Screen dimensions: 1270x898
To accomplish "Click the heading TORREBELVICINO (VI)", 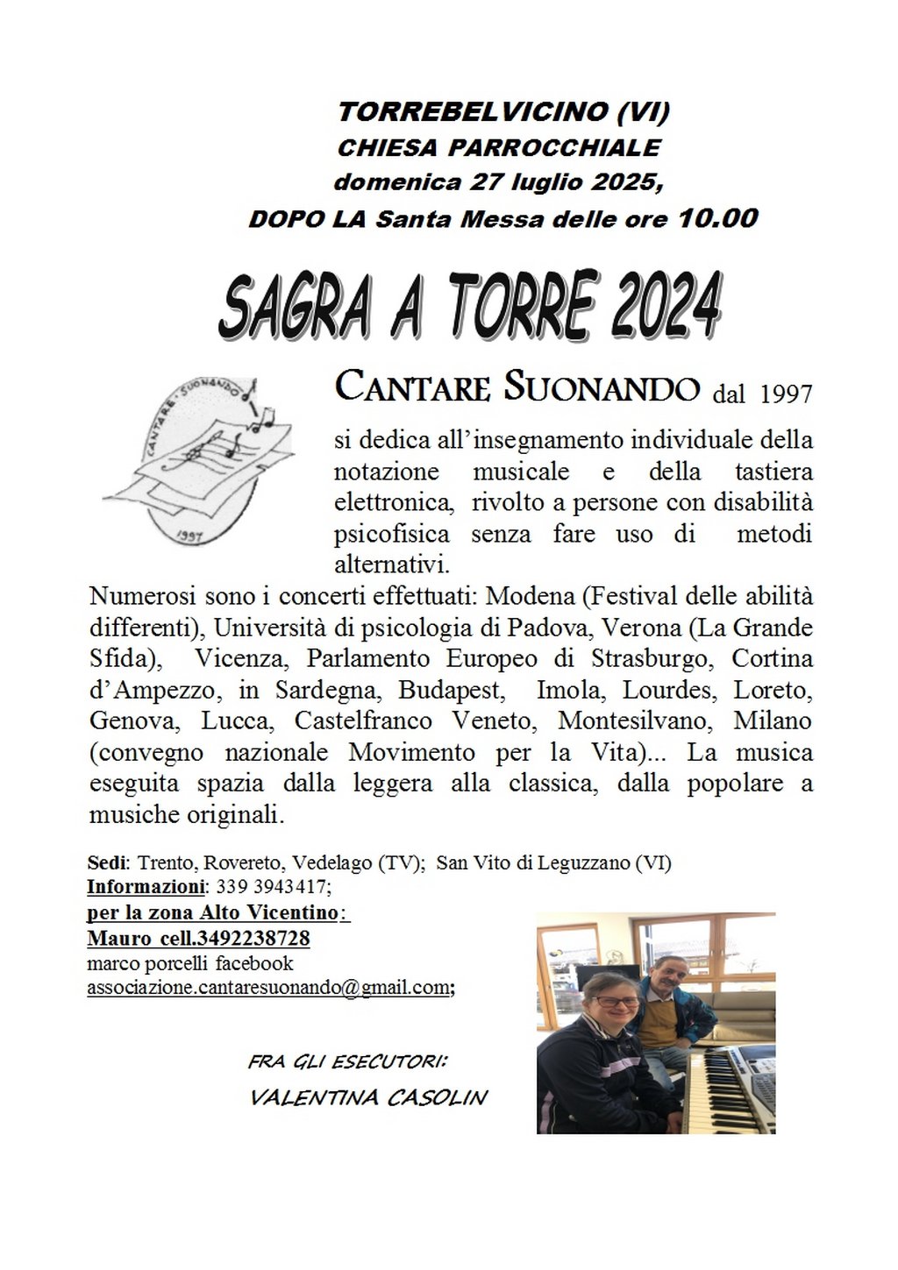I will point(503,111).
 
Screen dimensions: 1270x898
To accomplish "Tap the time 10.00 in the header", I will point(717,217).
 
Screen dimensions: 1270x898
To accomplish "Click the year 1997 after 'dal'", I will point(786,394).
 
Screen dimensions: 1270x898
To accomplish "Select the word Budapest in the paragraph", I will point(451,690).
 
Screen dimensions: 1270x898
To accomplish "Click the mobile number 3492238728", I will point(253,938).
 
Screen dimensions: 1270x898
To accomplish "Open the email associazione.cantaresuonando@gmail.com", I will point(268,988).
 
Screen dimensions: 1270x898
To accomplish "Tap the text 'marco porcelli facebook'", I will point(190,963).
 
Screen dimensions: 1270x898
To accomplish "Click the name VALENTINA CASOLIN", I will point(368,1097).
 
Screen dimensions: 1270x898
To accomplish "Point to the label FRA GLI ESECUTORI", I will point(347,1061).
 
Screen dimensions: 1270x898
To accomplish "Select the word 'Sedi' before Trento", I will point(106,862).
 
